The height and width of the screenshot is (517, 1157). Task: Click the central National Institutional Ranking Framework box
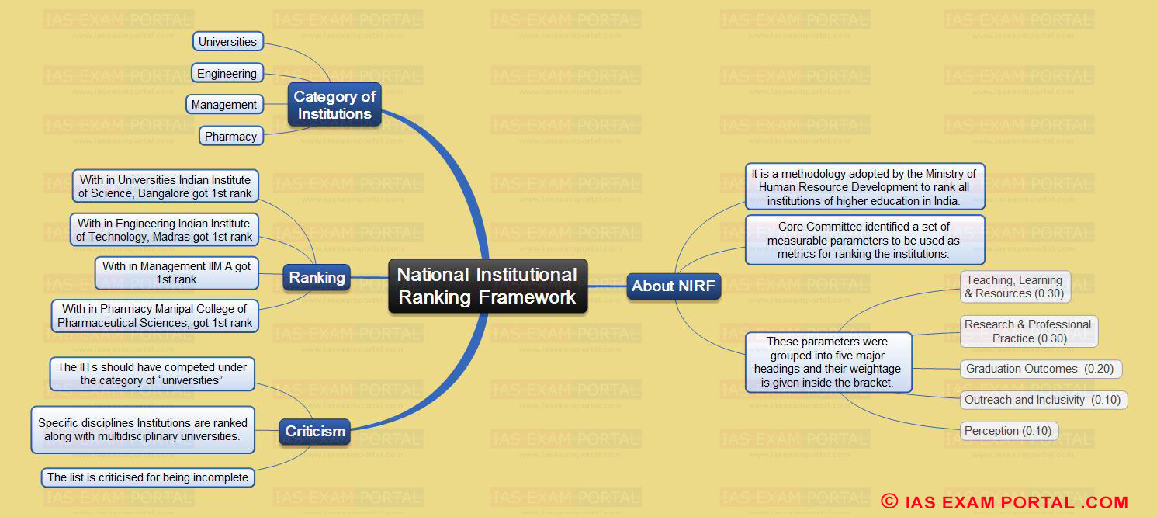tap(487, 286)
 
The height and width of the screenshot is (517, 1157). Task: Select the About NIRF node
tap(674, 286)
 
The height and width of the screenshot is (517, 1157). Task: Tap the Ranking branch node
tap(317, 277)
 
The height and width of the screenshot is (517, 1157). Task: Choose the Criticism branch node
tap(314, 432)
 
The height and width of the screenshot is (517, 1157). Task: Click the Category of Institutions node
tap(334, 105)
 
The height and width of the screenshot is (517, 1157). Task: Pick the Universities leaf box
tap(228, 41)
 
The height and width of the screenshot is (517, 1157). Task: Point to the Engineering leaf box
tap(227, 73)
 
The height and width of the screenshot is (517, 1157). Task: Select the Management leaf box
tap(224, 104)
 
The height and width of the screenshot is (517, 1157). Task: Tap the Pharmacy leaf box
tap(231, 136)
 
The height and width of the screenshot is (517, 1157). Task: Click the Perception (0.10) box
tap(1009, 431)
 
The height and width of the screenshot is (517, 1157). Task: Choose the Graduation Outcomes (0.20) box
tap(1041, 369)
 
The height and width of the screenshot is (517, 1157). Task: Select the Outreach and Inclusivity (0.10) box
tap(1044, 400)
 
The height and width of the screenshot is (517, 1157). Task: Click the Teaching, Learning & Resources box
tap(1015, 286)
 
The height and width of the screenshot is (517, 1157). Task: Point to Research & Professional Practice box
tap(1028, 331)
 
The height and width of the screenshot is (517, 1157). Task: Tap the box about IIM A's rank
tap(177, 272)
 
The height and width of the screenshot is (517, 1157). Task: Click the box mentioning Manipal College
tap(155, 316)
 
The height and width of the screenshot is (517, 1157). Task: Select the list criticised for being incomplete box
tap(147, 477)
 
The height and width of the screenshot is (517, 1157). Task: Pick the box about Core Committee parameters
tap(864, 240)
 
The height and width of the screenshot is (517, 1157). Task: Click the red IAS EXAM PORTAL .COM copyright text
tap(1005, 501)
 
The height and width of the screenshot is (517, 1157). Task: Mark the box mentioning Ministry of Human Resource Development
tap(864, 187)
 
